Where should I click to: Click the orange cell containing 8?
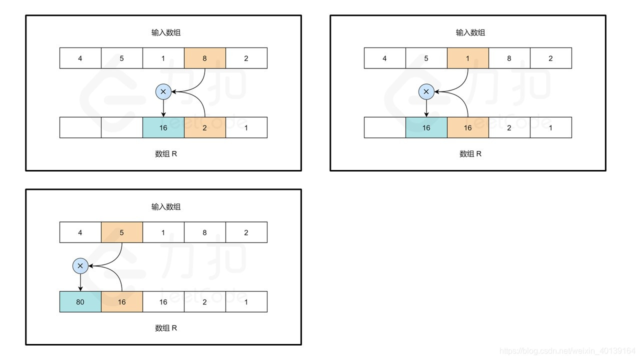pyautogui.click(x=204, y=58)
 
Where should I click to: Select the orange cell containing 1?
pyautogui.click(x=467, y=58)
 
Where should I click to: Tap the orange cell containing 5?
pyautogui.click(x=122, y=232)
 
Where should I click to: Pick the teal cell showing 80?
pyautogui.click(x=80, y=302)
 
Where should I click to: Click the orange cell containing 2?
pyautogui.click(x=204, y=127)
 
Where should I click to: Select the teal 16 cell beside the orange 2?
pyautogui.click(x=163, y=127)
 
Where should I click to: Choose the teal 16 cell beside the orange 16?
pyautogui.click(x=426, y=127)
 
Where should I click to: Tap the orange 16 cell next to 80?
pyautogui.click(x=122, y=302)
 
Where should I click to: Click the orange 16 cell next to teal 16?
pyautogui.click(x=467, y=127)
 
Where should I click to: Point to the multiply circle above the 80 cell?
pyautogui.click(x=80, y=266)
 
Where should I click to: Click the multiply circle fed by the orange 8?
pyautogui.click(x=163, y=91)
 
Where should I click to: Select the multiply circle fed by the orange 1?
pyautogui.click(x=426, y=91)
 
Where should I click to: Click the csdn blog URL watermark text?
pyautogui.click(x=567, y=351)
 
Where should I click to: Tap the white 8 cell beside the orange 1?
pyautogui.click(x=509, y=58)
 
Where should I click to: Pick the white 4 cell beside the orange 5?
pyautogui.click(x=80, y=232)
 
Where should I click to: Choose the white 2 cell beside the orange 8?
pyautogui.click(x=246, y=58)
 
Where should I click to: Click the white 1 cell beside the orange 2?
pyautogui.click(x=246, y=127)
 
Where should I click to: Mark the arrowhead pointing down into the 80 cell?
pyautogui.click(x=80, y=288)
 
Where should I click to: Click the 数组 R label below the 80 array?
pyautogui.click(x=166, y=328)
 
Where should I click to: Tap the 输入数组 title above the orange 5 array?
pyautogui.click(x=166, y=206)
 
